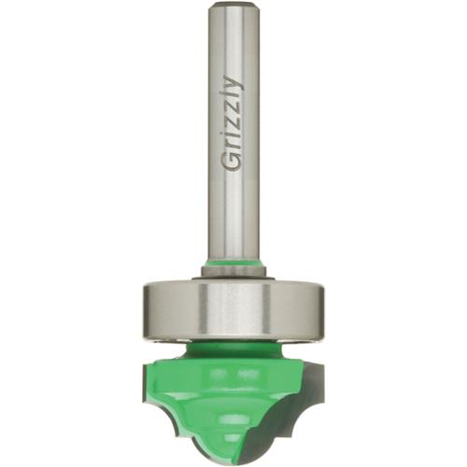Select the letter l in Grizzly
tap(232, 98)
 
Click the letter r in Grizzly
tap(233, 147)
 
